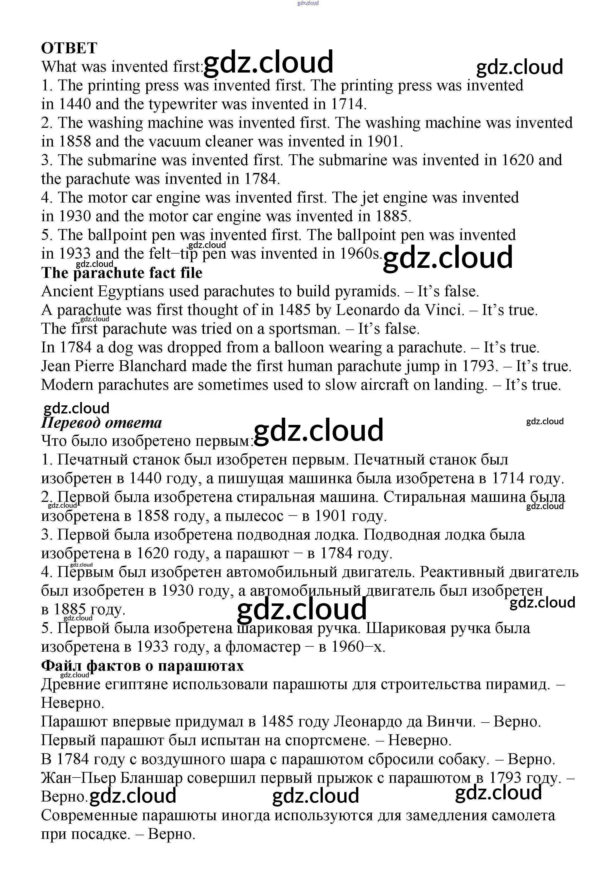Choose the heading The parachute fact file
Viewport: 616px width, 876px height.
pyautogui.click(x=122, y=273)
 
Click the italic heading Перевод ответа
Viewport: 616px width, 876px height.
pyautogui.click(x=101, y=423)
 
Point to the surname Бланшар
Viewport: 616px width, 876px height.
pyautogui.click(x=151, y=778)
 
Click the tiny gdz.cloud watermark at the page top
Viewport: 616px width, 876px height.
pyautogui.click(x=308, y=3)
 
